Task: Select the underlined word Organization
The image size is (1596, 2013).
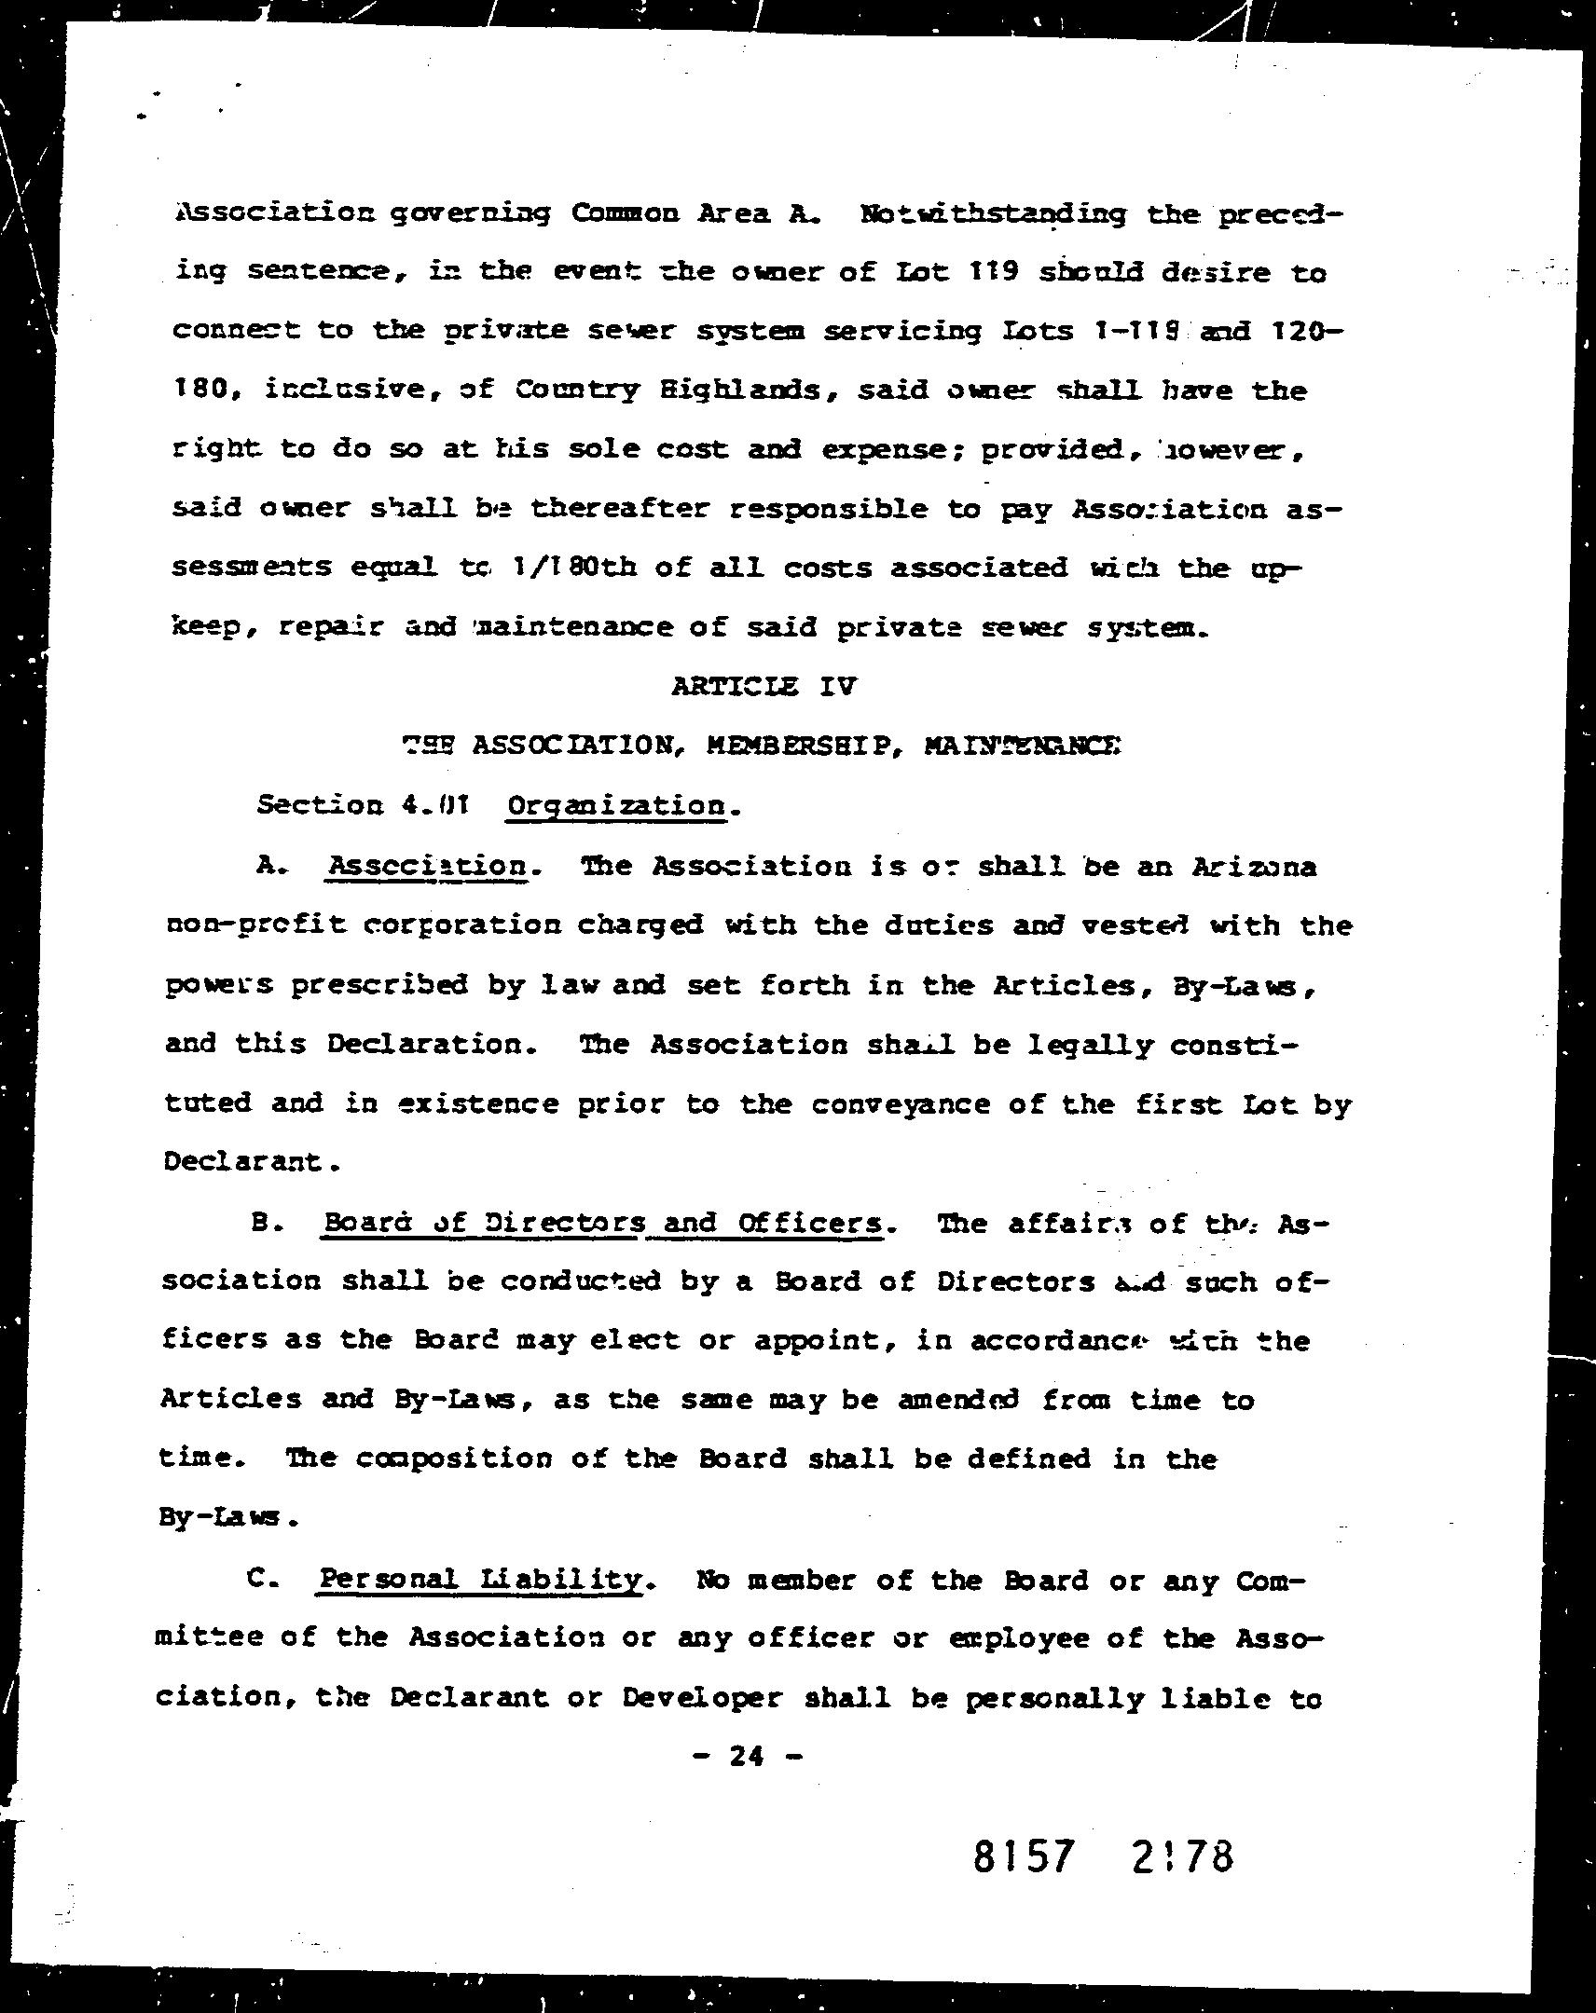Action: [x=617, y=805]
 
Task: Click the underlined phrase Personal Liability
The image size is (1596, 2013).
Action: [x=480, y=1580]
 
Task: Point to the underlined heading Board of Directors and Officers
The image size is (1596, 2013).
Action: [x=601, y=1223]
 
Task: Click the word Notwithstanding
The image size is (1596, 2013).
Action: [x=993, y=213]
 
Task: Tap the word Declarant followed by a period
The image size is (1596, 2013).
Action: [x=249, y=1161]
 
